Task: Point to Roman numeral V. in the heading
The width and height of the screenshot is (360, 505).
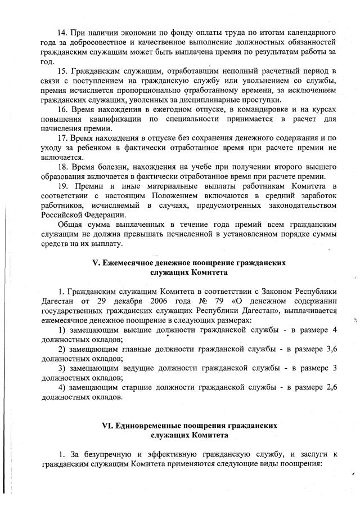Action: point(95,262)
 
